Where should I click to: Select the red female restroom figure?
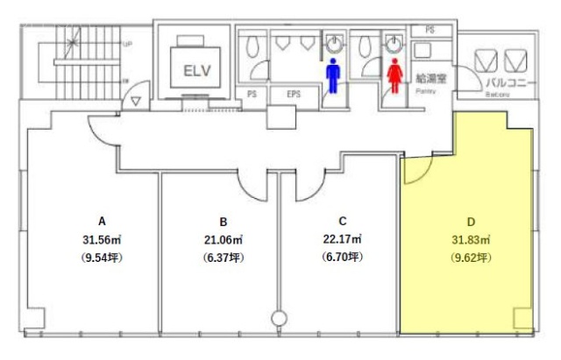tap(395, 74)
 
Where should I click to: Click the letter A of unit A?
tap(102, 222)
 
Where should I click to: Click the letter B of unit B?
tap(224, 222)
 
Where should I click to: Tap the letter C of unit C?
tap(342, 222)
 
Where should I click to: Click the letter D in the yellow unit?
tap(471, 222)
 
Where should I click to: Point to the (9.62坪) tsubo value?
tap(471, 258)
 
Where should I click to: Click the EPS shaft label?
tap(293, 95)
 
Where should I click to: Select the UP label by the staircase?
tap(128, 42)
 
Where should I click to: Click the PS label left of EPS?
tap(252, 95)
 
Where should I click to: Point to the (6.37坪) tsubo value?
tap(224, 258)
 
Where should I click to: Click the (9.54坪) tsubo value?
tap(102, 258)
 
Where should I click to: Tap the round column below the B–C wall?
tap(280, 318)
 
